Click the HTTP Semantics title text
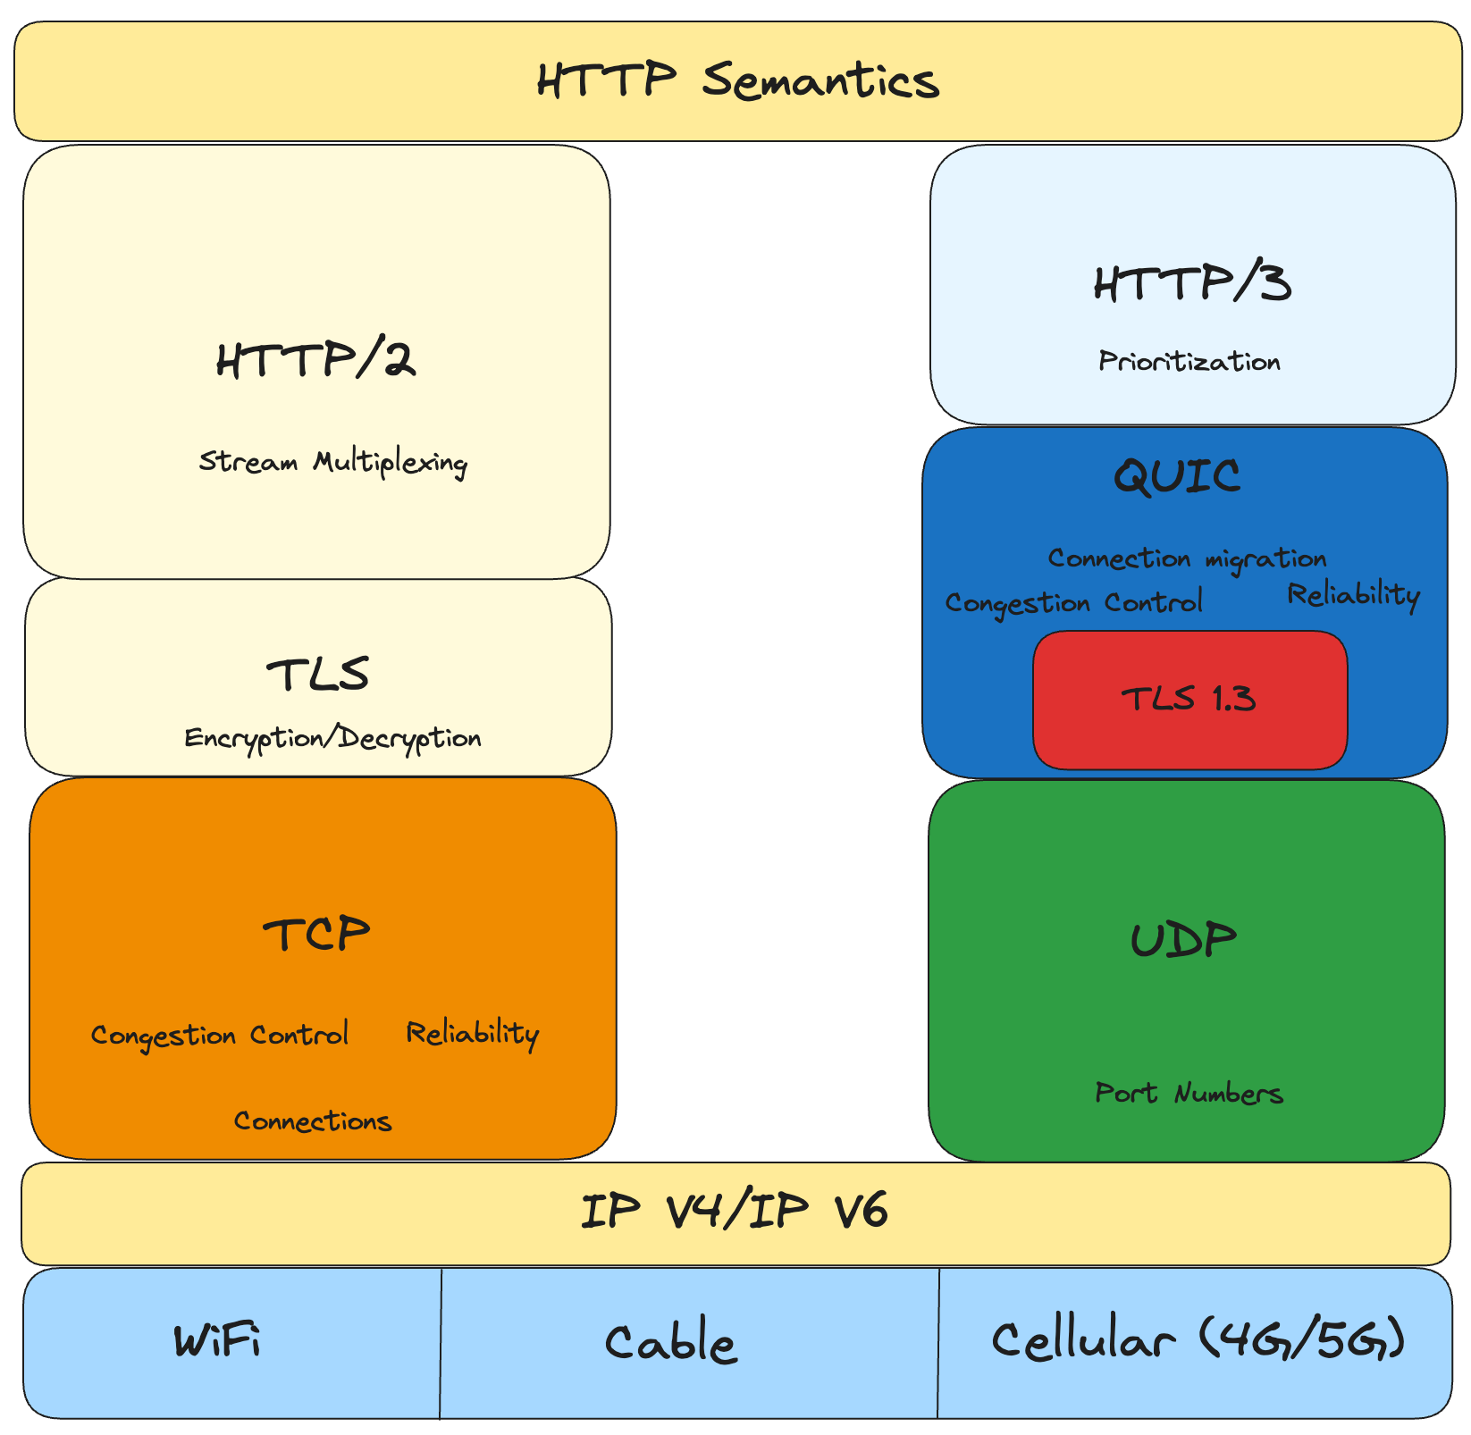(x=738, y=80)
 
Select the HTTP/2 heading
(x=315, y=361)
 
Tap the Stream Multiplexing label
(x=332, y=462)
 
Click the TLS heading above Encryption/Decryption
(x=317, y=675)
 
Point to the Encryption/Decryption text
(x=332, y=738)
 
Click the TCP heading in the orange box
(x=316, y=936)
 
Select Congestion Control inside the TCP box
(x=220, y=1035)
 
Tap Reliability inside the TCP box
(x=472, y=1033)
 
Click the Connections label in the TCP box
(x=313, y=1120)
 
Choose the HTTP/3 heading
(x=1192, y=283)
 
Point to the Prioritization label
(x=1189, y=361)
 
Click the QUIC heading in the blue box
(x=1177, y=475)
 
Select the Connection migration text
(x=1187, y=558)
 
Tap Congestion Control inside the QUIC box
(x=1073, y=603)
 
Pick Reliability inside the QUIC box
(x=1353, y=594)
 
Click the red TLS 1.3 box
(x=1189, y=699)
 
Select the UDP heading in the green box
(x=1183, y=940)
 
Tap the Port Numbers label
(x=1189, y=1093)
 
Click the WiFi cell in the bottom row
(x=218, y=1342)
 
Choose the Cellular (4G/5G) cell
(x=1198, y=1340)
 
